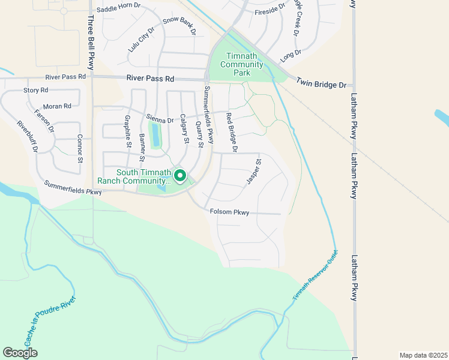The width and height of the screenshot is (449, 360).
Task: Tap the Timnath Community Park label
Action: pos(242,64)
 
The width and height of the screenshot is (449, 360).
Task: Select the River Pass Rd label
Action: pos(150,79)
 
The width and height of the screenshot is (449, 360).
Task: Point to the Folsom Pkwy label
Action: pos(229,212)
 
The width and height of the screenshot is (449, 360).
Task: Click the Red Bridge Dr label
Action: pos(232,132)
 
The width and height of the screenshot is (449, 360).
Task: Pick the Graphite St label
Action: pos(127,131)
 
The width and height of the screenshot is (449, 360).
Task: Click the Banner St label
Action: pos(143,148)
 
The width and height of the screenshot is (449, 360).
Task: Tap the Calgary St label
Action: pos(183,130)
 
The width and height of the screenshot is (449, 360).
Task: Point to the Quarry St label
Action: pos(199,134)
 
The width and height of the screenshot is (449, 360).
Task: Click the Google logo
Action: pos(20,353)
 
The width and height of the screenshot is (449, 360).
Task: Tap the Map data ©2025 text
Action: pos(423,355)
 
